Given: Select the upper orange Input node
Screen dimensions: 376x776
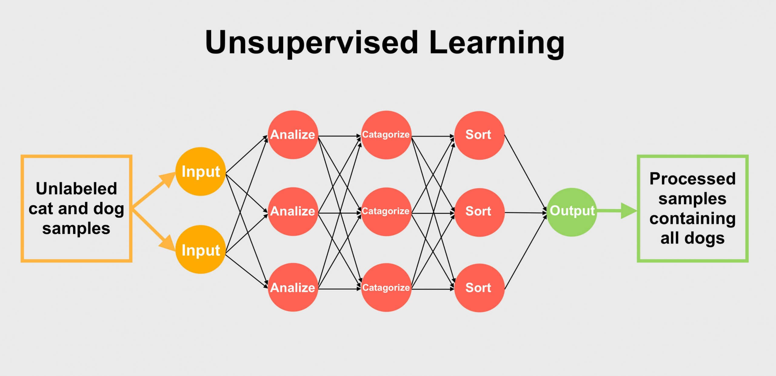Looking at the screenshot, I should coord(200,171).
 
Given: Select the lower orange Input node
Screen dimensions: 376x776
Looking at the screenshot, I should coord(200,249).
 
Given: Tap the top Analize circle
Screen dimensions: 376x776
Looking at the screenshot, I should coord(293,135).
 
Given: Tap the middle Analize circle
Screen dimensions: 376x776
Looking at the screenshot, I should coord(293,211).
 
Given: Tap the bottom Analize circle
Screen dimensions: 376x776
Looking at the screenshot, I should coord(293,287).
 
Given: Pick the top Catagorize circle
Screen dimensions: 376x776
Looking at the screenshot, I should coord(386,135).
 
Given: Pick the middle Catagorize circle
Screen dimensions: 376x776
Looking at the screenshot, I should coord(386,211).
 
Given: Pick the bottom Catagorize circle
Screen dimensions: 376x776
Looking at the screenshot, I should coord(386,287).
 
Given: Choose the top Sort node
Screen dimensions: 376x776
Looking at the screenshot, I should coord(479,135).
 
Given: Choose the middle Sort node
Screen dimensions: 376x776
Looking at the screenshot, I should coord(479,212).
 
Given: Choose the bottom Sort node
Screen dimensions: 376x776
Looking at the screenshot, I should coord(479,288).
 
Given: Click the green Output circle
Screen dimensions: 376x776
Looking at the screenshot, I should coord(572,212).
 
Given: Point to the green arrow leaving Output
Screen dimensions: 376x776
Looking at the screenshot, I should coord(618,211).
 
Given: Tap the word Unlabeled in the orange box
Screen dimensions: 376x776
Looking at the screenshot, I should coord(76,189).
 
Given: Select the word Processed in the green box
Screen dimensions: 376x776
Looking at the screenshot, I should coord(692,179).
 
